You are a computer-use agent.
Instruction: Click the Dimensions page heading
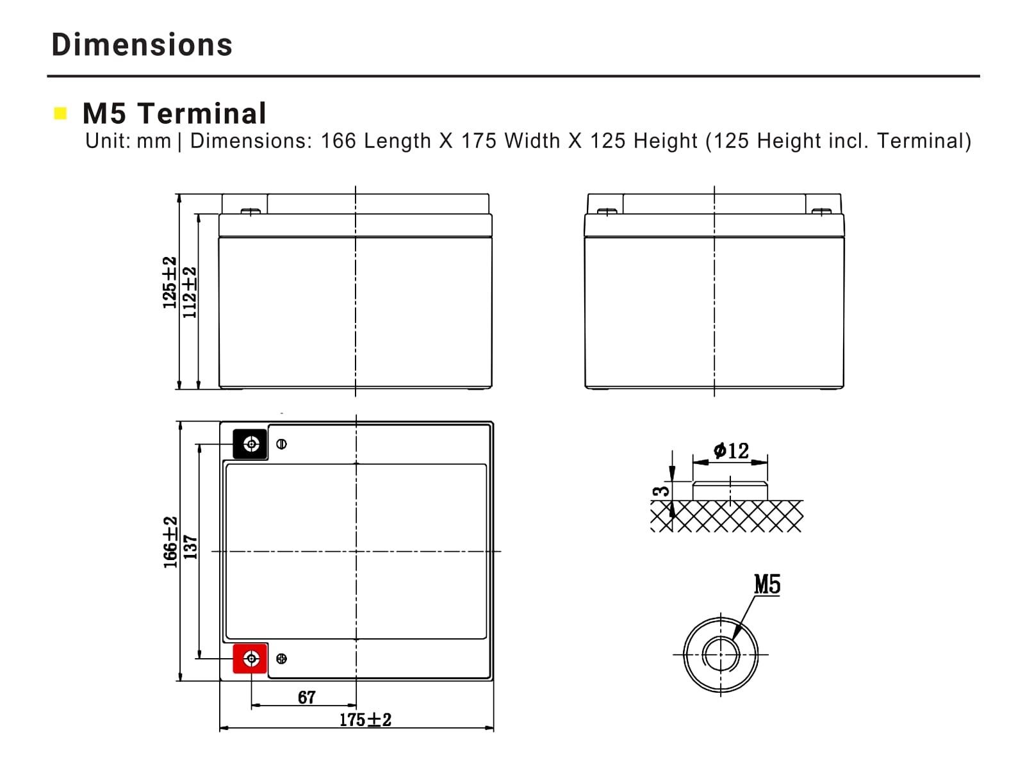[142, 45]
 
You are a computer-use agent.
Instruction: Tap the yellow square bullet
[60, 113]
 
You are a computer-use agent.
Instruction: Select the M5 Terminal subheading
[174, 113]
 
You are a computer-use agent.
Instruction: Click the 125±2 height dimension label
[170, 283]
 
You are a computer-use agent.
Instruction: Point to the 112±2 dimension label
[189, 293]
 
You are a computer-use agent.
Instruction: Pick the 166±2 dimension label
[170, 542]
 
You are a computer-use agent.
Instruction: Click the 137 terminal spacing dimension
[190, 547]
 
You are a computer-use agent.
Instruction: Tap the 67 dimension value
[307, 697]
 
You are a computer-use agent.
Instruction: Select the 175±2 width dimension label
[365, 720]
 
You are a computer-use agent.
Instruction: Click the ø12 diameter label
[732, 451]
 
